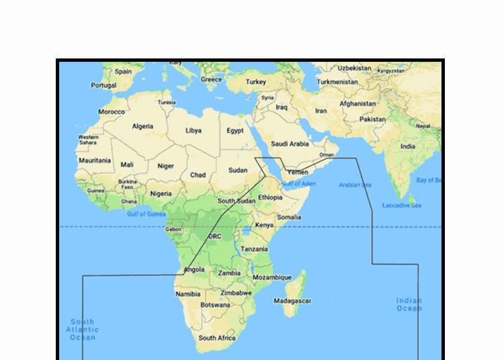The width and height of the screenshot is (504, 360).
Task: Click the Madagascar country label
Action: (292, 301)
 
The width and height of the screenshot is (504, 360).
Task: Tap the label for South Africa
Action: (217, 338)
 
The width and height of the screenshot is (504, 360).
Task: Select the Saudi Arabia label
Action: (290, 144)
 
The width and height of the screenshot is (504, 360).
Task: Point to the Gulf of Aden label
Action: (298, 183)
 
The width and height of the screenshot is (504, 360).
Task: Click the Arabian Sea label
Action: (354, 185)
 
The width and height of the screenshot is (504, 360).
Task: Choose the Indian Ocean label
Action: (409, 304)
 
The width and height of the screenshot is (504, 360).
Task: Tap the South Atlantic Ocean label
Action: (82, 329)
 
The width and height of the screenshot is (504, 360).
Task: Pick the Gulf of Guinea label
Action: (146, 214)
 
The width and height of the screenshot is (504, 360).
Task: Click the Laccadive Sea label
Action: (401, 205)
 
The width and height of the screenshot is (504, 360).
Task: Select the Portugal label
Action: (103, 85)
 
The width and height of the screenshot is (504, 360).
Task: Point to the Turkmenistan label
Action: (337, 82)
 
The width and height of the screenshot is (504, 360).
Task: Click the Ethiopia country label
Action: (270, 197)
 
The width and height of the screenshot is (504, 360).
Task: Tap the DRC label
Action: (214, 236)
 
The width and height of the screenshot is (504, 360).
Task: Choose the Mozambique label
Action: (272, 277)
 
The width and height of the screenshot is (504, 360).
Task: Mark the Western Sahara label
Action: (88, 140)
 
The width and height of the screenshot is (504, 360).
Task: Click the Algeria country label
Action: (142, 126)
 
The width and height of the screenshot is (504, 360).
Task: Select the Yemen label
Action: (297, 172)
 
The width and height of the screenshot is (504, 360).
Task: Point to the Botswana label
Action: (215, 305)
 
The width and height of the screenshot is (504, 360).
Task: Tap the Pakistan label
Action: (372, 119)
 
